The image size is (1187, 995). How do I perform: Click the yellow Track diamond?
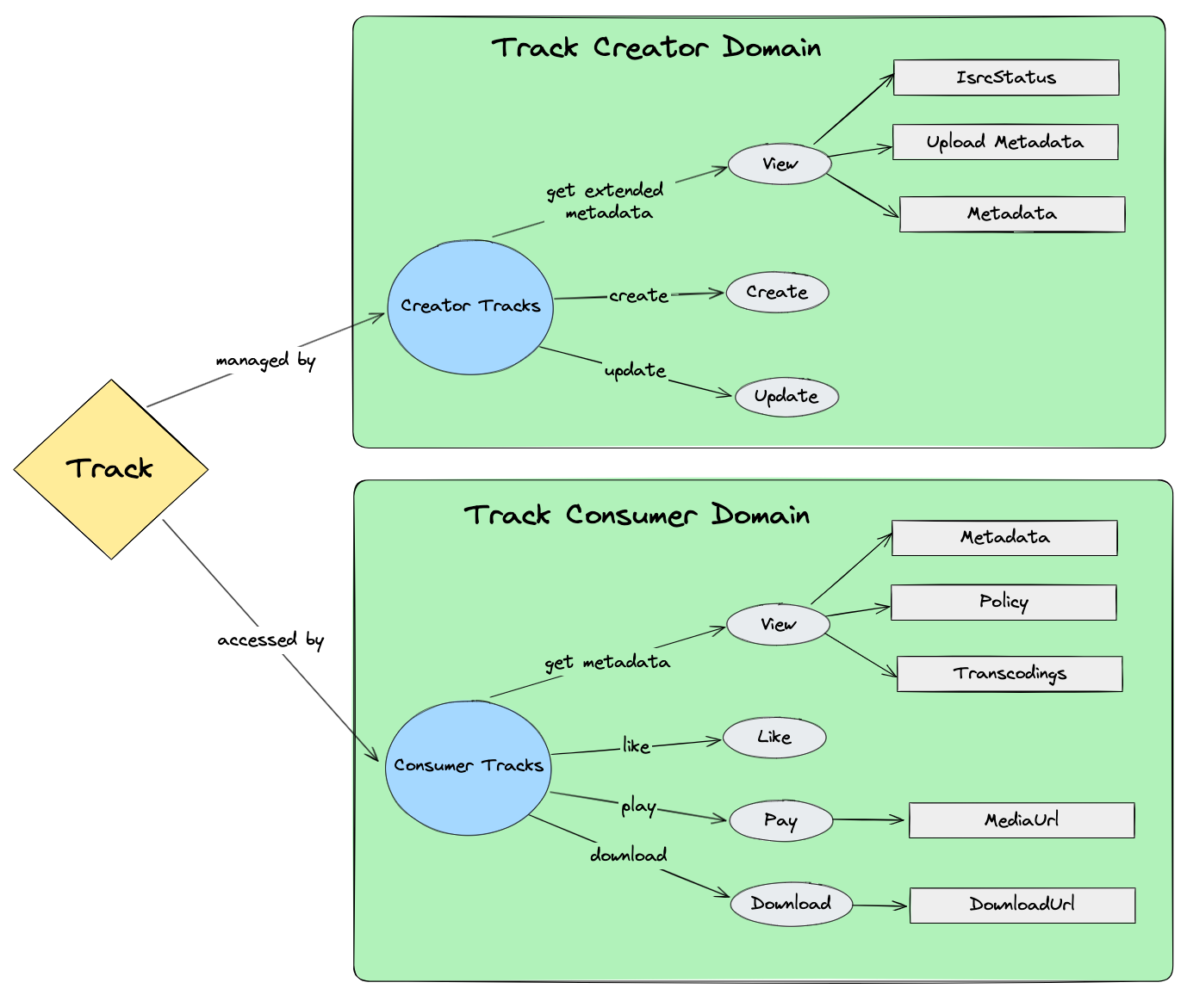tap(110, 469)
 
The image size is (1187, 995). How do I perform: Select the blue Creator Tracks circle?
tap(470, 307)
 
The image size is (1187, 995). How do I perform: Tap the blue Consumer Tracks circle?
tap(468, 767)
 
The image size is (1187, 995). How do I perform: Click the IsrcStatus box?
tap(1005, 77)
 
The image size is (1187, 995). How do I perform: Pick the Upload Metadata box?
tap(1004, 142)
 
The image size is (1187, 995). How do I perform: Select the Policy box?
tap(1003, 603)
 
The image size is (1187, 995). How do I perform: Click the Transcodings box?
tap(1009, 674)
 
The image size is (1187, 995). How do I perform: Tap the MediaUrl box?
tap(1021, 820)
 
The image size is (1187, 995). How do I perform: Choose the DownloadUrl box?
tap(1022, 905)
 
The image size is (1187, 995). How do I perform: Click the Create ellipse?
tap(777, 293)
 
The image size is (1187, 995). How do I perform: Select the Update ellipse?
tap(786, 397)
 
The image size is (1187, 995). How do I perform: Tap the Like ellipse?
tap(774, 738)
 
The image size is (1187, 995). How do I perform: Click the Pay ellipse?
tap(780, 820)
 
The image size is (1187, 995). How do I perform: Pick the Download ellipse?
tap(791, 904)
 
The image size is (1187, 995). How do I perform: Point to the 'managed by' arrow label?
tap(265, 360)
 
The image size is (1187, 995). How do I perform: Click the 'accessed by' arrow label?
tap(270, 640)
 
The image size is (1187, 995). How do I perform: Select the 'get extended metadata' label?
tap(606, 201)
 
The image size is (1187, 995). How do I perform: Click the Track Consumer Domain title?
tap(637, 515)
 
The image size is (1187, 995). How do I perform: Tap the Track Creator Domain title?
tap(656, 47)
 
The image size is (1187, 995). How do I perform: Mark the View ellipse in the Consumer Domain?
tap(778, 625)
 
